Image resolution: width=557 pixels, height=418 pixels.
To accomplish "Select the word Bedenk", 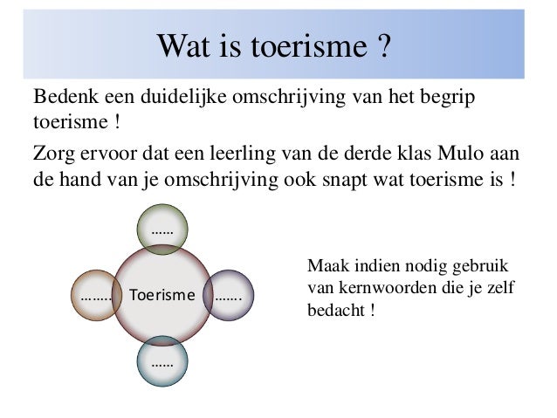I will pyautogui.click(x=61, y=94).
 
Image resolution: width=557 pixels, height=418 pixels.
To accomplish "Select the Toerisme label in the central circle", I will pyautogui.click(x=162, y=296).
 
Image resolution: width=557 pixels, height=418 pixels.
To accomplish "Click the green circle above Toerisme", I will pyautogui.click(x=161, y=232).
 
